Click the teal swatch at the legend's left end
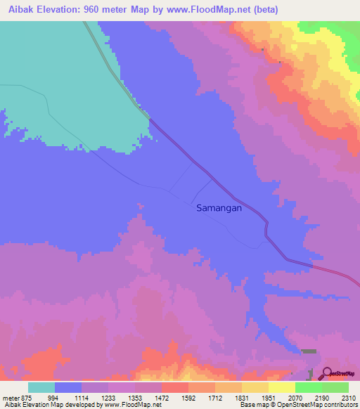pyautogui.click(x=41, y=387)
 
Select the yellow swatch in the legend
pyautogui.click(x=281, y=387)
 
